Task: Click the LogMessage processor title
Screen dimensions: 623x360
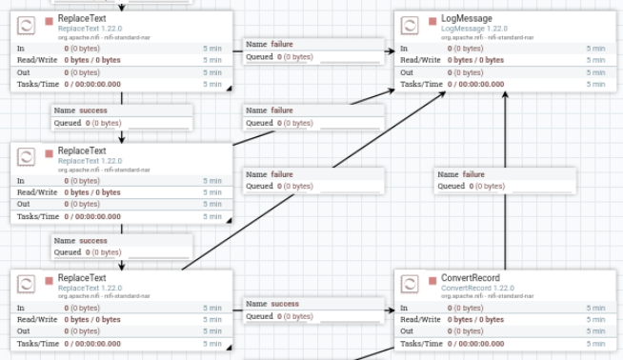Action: [467, 19]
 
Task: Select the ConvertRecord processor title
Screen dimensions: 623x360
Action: [471, 278]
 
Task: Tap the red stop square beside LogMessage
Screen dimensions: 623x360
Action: [432, 21]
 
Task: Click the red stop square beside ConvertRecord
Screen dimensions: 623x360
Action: [432, 281]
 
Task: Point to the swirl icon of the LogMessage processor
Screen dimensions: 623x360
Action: [410, 26]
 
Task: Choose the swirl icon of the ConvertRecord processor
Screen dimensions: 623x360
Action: [410, 285]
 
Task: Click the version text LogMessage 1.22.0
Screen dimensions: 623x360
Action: [474, 29]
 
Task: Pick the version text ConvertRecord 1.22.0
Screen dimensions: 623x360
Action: [477, 288]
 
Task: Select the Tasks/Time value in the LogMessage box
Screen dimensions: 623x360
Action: [475, 84]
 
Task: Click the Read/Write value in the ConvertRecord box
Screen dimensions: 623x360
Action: [475, 319]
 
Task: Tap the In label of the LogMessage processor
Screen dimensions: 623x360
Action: [404, 49]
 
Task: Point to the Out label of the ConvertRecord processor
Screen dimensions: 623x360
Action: [407, 331]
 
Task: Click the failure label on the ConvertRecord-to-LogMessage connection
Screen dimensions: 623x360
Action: [473, 174]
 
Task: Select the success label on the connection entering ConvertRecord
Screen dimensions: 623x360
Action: [285, 304]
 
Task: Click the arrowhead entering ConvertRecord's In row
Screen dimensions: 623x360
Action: [391, 310]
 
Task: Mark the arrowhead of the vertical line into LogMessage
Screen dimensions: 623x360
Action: [505, 94]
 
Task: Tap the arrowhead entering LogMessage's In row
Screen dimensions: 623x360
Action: [391, 50]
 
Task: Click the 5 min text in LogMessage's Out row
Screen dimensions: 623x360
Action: [595, 72]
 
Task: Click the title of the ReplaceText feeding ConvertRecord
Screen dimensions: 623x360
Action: [82, 278]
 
